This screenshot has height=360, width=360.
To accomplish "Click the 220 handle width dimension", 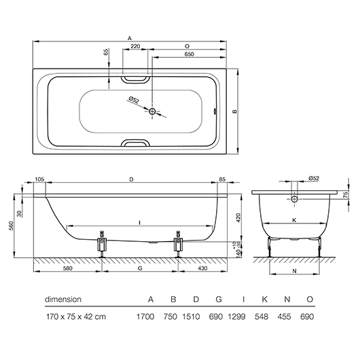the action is [x=135, y=46].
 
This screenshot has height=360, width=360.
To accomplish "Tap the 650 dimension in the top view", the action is [x=190, y=54].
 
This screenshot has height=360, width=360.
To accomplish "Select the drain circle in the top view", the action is [x=152, y=111].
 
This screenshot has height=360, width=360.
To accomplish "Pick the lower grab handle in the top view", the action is [x=135, y=143].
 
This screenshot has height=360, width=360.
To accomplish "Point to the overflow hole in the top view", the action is [x=215, y=111].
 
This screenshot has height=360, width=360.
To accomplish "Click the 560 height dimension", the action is [x=12, y=226].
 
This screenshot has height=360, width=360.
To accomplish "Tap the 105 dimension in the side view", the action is [x=39, y=179].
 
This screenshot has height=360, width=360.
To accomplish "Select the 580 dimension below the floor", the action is [x=67, y=268].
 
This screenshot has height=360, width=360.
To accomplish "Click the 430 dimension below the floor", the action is [x=202, y=268].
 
